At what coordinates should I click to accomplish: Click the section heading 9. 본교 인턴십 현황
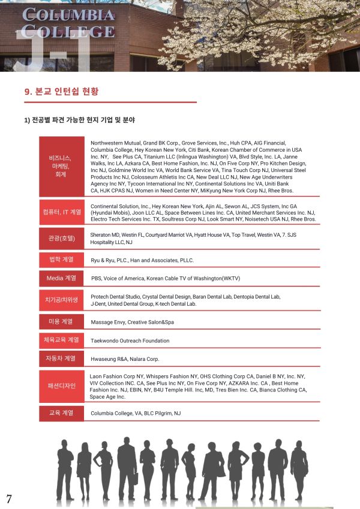[x=61, y=92]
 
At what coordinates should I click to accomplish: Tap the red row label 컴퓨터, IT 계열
[x=62, y=212]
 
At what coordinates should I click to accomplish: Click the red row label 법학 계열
[x=62, y=260]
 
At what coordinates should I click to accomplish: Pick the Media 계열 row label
[x=62, y=278]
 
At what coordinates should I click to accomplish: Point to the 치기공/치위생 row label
[x=62, y=299]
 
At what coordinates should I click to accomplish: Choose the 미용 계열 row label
[x=62, y=321]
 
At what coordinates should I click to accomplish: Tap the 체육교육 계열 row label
[x=62, y=340]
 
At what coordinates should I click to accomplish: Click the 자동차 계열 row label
[x=62, y=359]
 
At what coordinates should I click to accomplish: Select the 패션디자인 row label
[x=62, y=385]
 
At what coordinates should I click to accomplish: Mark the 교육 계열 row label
[x=62, y=412]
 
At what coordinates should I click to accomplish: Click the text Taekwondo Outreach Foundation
[x=130, y=341]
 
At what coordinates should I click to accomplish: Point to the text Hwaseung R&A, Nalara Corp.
[x=125, y=359]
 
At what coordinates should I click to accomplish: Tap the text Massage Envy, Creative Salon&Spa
[x=132, y=323]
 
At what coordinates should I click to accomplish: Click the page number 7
[x=9, y=499]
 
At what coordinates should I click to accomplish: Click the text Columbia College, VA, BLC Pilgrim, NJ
[x=135, y=413]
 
